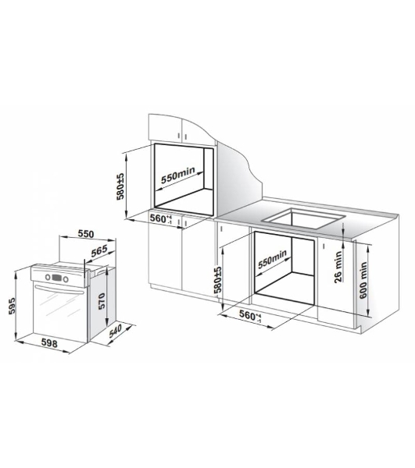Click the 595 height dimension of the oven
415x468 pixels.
tap(12, 305)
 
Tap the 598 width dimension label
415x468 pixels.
tap(49, 343)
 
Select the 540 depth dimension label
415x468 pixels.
tap(116, 331)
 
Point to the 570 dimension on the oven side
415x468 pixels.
tap(102, 301)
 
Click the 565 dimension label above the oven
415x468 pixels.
tap(99, 251)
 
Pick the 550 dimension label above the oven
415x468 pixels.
tap(86, 234)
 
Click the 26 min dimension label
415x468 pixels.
tap(338, 267)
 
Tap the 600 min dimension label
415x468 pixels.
tap(363, 280)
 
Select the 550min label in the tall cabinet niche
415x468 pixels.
tap(178, 175)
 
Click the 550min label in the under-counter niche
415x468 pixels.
tap(272, 259)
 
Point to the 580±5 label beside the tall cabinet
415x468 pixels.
tap(120, 186)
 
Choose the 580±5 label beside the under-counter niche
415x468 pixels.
tap(218, 279)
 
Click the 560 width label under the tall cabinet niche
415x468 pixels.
tap(161, 218)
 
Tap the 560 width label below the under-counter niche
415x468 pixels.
tap(250, 315)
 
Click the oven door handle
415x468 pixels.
tap(59, 289)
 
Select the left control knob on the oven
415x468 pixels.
tap(48, 277)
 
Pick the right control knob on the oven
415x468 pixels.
tap(66, 280)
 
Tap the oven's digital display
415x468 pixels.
tap(56, 278)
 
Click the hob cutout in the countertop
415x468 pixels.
tap(303, 218)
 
